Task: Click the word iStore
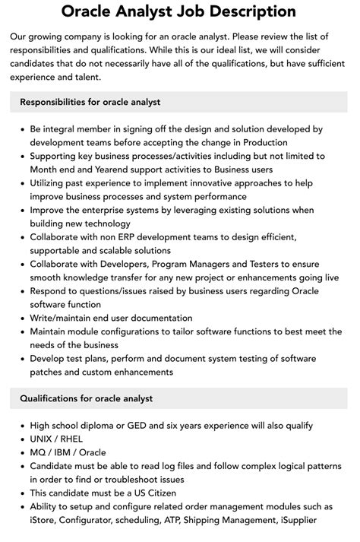click(x=45, y=520)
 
